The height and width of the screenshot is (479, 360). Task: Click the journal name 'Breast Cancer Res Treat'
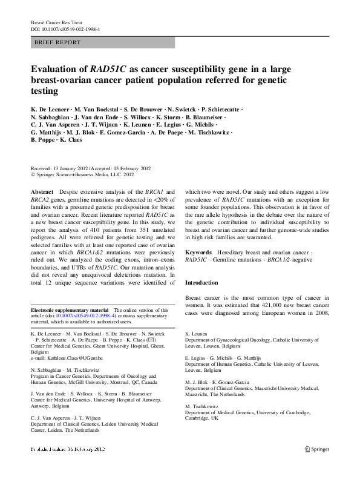click(x=55, y=22)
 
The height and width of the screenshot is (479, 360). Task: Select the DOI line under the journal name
click(x=65, y=29)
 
